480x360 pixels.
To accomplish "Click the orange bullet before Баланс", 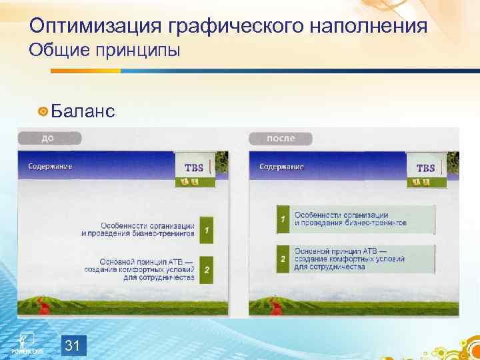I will [x=43, y=111].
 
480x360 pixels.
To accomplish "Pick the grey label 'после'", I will [x=281, y=139].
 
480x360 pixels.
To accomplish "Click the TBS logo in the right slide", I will [x=425, y=168].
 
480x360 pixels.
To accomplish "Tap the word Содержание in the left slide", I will [x=50, y=165].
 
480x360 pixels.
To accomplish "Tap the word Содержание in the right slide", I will [x=281, y=166].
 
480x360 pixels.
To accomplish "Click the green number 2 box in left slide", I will [x=207, y=270].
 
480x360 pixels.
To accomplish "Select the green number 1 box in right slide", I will [x=283, y=219].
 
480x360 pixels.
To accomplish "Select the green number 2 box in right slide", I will [x=283, y=259].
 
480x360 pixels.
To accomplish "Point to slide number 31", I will [x=74, y=345].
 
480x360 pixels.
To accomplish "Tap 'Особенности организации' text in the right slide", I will [x=341, y=215].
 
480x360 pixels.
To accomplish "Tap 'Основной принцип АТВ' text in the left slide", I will [x=147, y=261].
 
